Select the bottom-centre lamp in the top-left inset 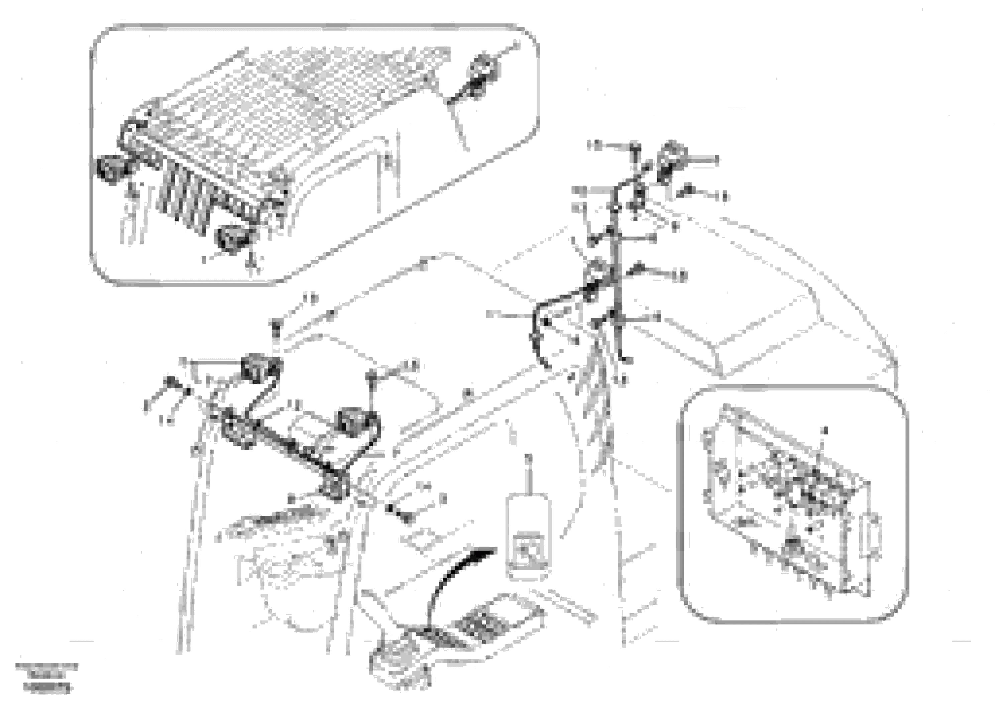[x=233, y=237]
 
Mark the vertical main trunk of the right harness [x=615, y=277]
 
